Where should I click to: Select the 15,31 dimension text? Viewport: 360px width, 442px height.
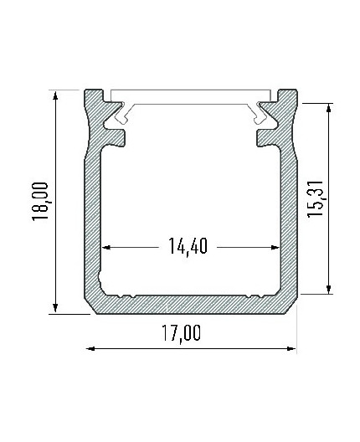[315, 198]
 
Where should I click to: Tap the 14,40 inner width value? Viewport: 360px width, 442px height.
[190, 247]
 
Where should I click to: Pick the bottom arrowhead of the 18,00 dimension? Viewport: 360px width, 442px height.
[56, 310]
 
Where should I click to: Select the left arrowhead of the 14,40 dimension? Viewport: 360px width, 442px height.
[106, 248]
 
